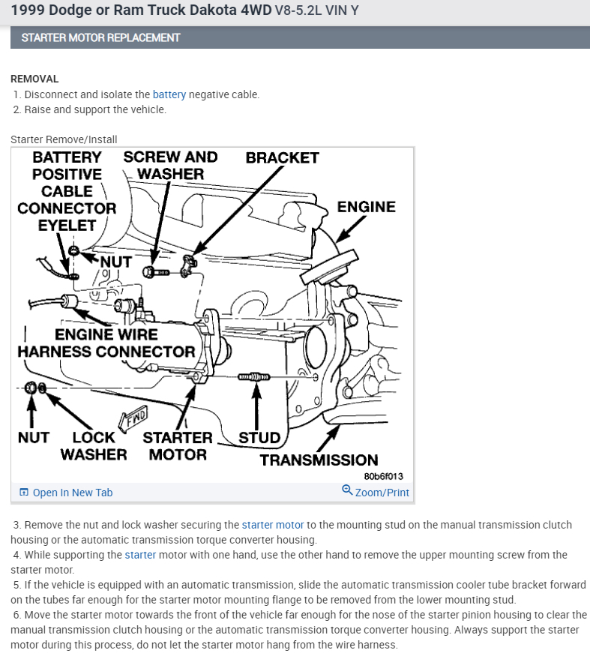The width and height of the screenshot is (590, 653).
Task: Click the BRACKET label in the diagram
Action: tap(282, 158)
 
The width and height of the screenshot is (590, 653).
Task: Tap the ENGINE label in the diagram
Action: tap(366, 207)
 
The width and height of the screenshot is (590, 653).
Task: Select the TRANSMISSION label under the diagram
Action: tap(319, 460)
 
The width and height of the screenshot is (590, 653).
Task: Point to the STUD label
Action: tap(259, 438)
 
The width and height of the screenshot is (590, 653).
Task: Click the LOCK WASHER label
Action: tap(94, 445)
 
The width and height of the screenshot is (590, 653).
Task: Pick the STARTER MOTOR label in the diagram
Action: tap(178, 445)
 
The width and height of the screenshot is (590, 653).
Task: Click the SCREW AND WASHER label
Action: tap(170, 165)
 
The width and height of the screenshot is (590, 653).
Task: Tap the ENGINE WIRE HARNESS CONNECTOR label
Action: tap(106, 343)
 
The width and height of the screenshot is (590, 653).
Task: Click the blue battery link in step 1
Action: tap(169, 94)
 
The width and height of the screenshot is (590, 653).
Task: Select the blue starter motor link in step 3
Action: tap(273, 525)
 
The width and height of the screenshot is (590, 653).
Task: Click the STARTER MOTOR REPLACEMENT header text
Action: tap(100, 37)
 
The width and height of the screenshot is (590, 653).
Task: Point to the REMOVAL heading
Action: tap(34, 79)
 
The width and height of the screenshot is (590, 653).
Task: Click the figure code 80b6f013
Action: tap(383, 475)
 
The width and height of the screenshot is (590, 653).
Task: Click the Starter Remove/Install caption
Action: tap(64, 139)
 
